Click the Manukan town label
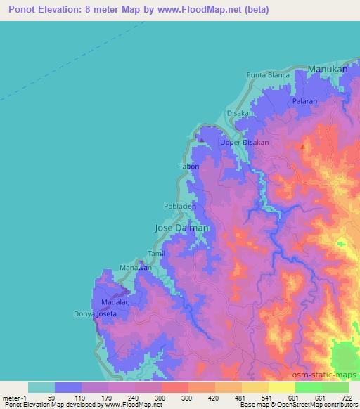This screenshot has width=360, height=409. [x=328, y=70]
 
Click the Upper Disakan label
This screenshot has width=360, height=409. [x=245, y=142]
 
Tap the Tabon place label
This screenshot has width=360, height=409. [x=189, y=167]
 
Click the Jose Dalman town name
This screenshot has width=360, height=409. [x=181, y=228]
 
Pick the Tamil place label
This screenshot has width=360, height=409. [x=156, y=253]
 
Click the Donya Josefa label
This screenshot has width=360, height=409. [x=93, y=314]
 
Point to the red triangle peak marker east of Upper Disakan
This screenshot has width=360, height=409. [x=302, y=147]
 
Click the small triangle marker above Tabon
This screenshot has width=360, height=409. [x=202, y=140]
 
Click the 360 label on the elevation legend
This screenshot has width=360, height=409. [x=187, y=397]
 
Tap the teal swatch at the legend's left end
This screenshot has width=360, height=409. [x=41, y=387]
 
